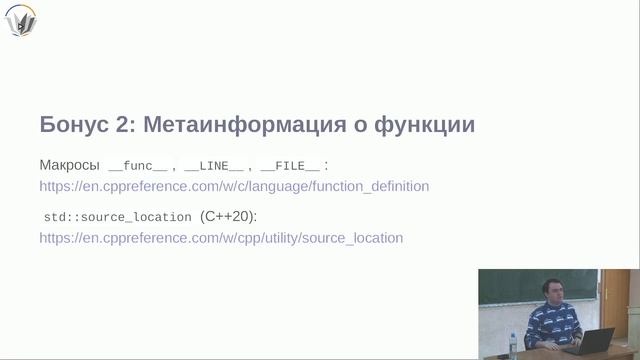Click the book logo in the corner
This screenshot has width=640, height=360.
click(x=21, y=20)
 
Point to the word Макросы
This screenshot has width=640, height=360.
click(x=69, y=164)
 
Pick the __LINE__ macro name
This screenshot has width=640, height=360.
click(x=214, y=165)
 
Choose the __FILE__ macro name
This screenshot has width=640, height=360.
click(x=290, y=165)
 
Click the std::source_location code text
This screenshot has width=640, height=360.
click(x=118, y=216)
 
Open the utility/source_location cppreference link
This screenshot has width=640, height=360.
click(x=221, y=238)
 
